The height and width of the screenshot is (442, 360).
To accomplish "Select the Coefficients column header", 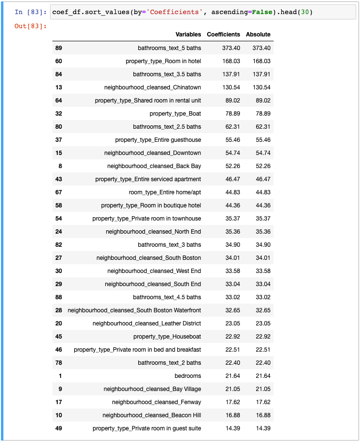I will (223, 34).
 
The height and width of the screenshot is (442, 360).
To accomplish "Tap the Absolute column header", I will (258, 34).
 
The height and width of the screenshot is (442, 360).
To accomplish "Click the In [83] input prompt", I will (31, 12).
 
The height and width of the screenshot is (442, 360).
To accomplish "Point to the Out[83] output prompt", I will (31, 26).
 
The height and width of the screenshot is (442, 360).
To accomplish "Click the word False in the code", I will (252, 12).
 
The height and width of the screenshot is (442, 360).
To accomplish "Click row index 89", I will (59, 48).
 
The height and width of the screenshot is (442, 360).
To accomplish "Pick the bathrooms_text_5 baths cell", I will (169, 48).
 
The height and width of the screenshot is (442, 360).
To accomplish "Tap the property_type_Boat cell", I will (175, 114).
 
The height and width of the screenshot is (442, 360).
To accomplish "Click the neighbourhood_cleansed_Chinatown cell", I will (152, 87).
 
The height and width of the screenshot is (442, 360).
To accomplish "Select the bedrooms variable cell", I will (188, 376).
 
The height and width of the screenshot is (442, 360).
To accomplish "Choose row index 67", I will (59, 192).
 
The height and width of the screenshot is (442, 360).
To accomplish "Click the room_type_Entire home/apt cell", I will (165, 192).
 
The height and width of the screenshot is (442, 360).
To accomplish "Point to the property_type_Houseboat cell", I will (167, 337).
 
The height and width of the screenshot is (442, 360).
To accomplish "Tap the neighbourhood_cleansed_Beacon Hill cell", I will (151, 415).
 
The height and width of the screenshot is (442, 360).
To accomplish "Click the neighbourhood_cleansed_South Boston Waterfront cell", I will (134, 310).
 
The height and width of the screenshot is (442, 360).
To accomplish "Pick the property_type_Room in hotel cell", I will (163, 61).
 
